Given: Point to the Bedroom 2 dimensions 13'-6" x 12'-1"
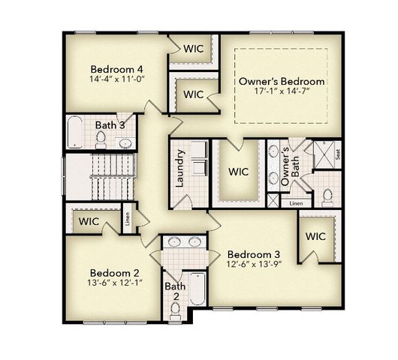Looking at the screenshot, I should [116, 283].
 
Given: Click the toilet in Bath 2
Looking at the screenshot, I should [175, 309].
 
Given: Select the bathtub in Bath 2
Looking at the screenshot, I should [197, 289].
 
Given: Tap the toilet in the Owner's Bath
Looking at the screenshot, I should [327, 196].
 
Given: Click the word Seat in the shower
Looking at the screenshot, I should [338, 155].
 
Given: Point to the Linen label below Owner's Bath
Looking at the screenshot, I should [296, 202].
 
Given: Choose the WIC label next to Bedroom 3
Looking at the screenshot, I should [315, 236].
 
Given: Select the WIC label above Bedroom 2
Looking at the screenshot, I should [89, 222].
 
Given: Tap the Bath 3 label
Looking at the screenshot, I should [110, 124].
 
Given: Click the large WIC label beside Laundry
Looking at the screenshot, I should [239, 172].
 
